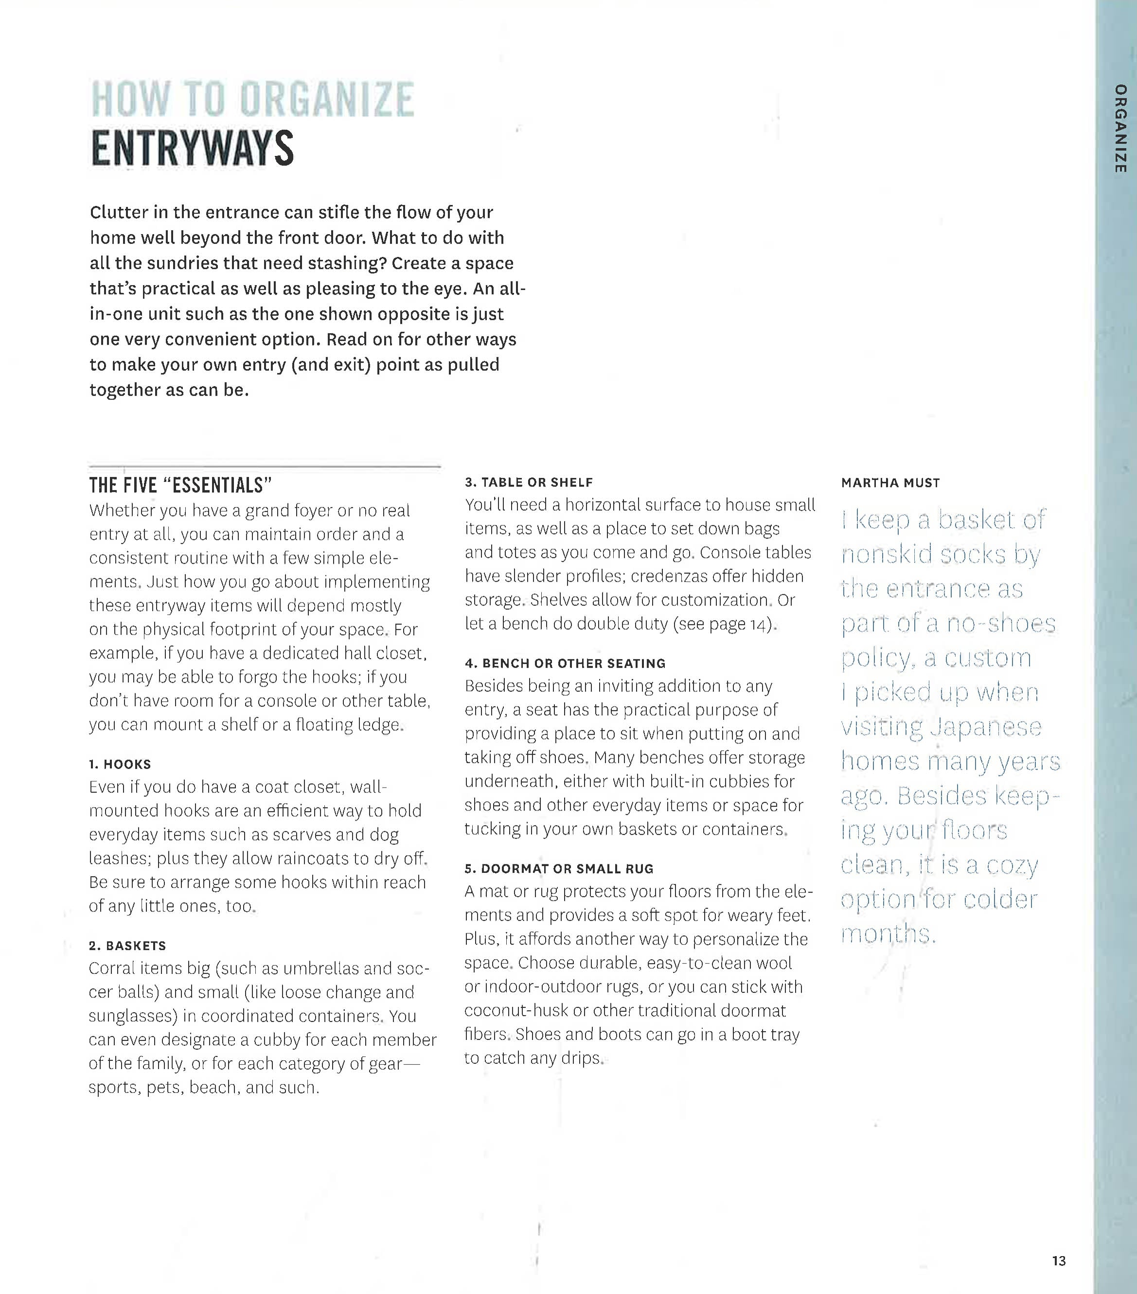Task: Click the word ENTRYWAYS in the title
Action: point(192,149)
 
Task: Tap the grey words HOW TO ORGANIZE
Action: point(252,100)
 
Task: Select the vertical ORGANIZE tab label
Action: point(1120,128)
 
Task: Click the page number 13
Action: point(1058,1260)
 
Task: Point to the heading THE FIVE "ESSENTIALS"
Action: point(180,485)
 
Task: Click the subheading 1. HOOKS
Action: point(120,764)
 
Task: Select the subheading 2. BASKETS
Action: point(127,945)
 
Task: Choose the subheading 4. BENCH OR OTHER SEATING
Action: point(565,663)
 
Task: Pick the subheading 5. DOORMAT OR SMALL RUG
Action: point(559,868)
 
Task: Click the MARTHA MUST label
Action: point(890,483)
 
